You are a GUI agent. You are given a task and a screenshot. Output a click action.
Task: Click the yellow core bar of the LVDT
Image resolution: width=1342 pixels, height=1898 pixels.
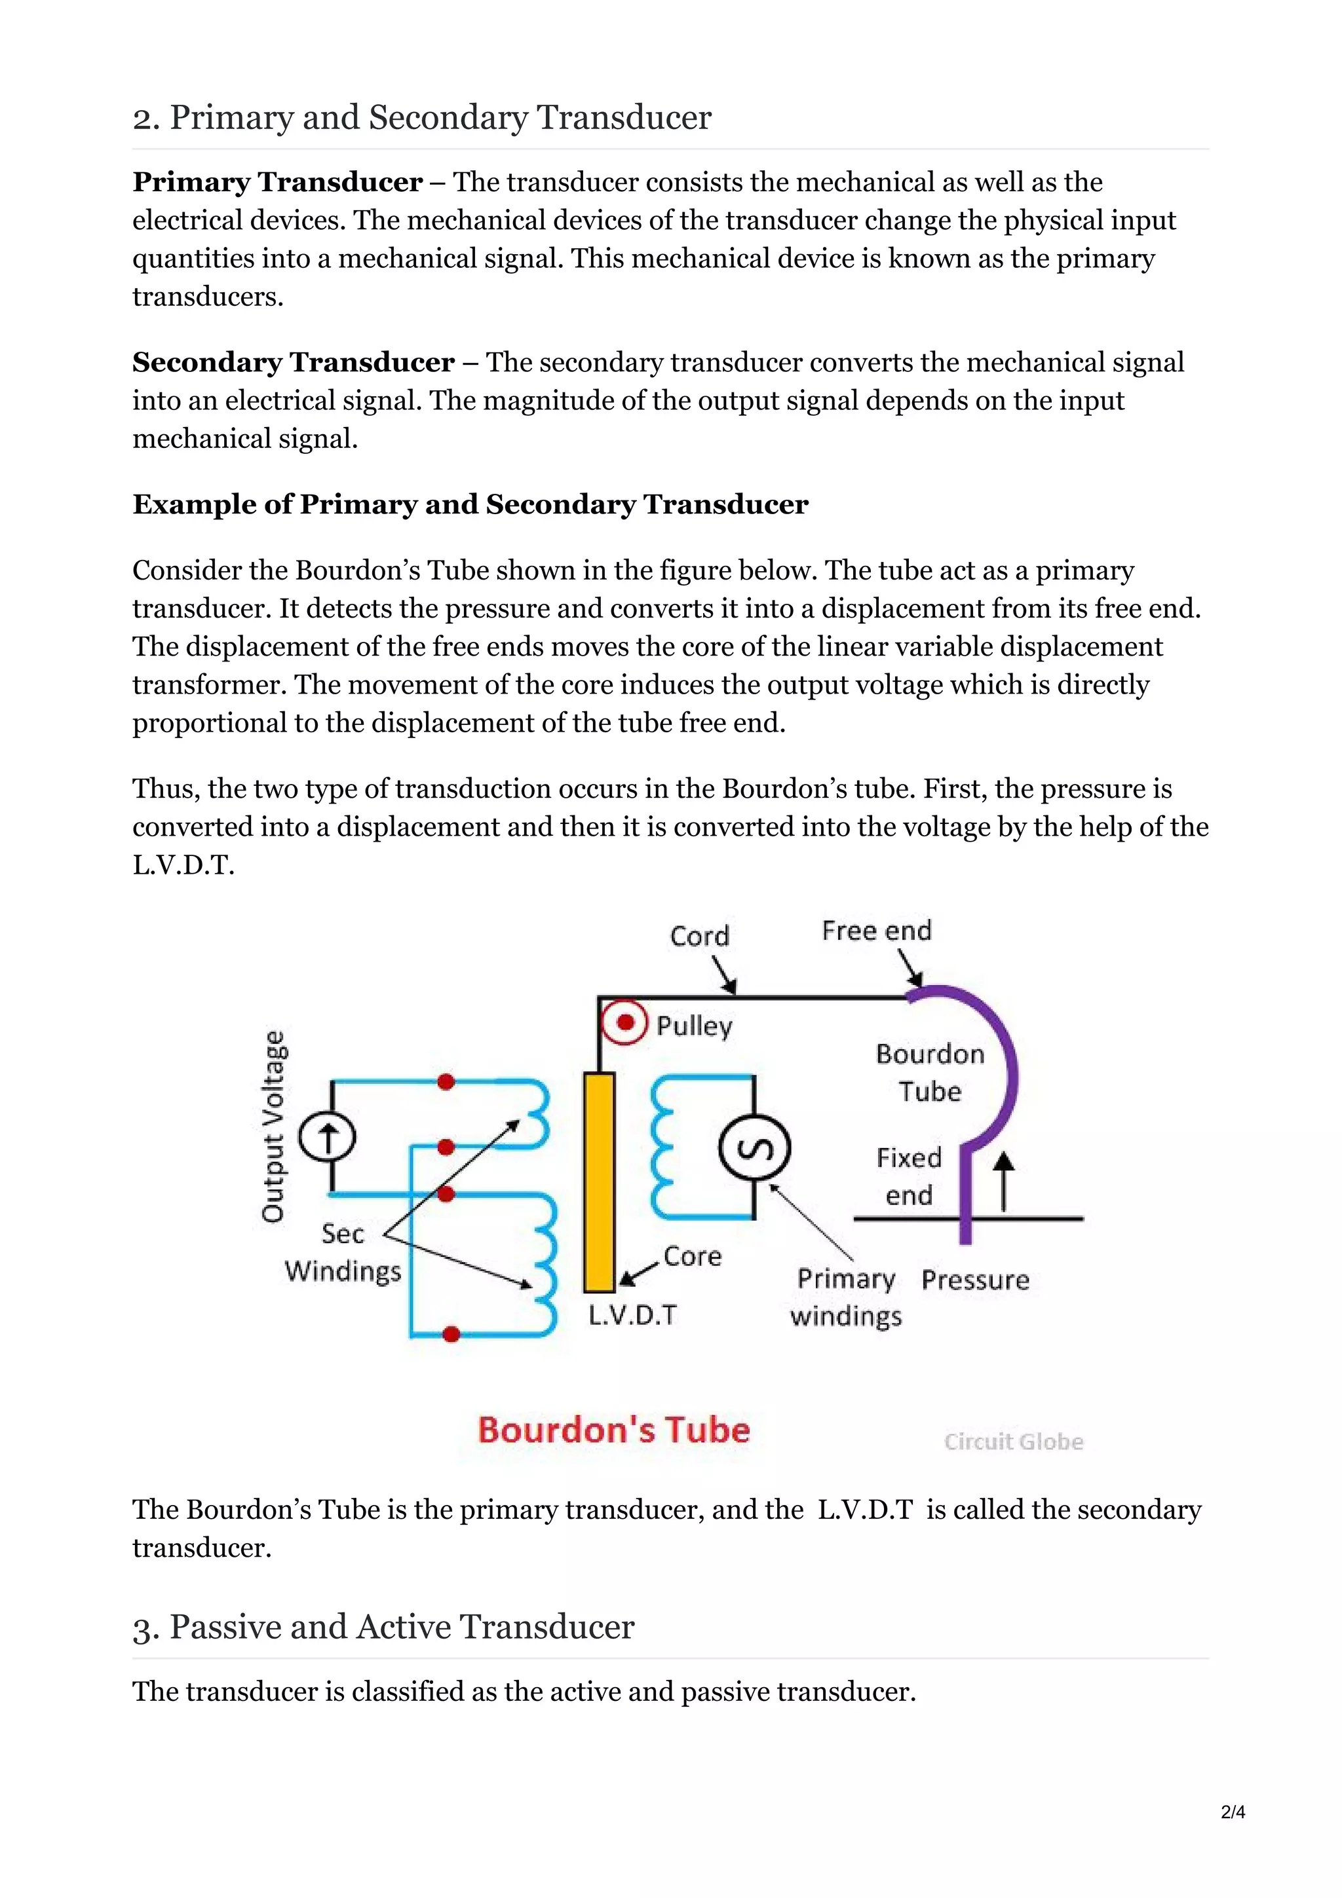tap(599, 1182)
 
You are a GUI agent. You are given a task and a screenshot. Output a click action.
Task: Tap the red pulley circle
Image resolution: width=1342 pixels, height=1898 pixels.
tap(625, 1022)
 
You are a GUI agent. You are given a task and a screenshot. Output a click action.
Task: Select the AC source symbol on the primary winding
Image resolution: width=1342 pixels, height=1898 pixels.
tap(754, 1148)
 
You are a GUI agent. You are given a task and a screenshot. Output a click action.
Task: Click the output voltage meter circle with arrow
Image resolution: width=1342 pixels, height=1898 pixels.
tap(328, 1138)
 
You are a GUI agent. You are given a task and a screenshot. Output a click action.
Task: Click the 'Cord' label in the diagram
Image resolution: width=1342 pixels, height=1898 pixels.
tap(700, 936)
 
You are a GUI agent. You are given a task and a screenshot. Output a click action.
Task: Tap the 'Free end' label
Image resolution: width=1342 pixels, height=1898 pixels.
tap(877, 931)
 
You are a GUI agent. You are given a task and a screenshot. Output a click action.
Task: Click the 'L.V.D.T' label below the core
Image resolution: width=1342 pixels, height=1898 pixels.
tap(632, 1314)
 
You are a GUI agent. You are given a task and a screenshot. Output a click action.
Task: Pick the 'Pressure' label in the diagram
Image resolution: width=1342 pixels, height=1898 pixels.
tap(975, 1280)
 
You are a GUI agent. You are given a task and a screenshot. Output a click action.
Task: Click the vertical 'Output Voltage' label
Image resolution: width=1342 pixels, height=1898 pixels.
tap(274, 1126)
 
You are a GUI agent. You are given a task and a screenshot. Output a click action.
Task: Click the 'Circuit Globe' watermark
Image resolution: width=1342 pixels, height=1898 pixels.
tap(1013, 1442)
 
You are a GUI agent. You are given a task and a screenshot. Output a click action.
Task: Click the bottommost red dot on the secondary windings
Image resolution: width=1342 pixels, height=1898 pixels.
tap(451, 1334)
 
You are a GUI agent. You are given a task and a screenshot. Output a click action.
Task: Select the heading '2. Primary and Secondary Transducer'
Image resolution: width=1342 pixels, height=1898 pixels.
tap(422, 117)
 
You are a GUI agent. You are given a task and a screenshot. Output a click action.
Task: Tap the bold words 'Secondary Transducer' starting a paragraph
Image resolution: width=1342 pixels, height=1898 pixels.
tap(294, 362)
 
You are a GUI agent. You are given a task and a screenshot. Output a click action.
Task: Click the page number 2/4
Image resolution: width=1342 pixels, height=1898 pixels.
tap(1232, 1812)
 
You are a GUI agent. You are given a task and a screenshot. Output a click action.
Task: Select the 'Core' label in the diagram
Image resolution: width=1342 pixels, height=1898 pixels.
tap(692, 1257)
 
